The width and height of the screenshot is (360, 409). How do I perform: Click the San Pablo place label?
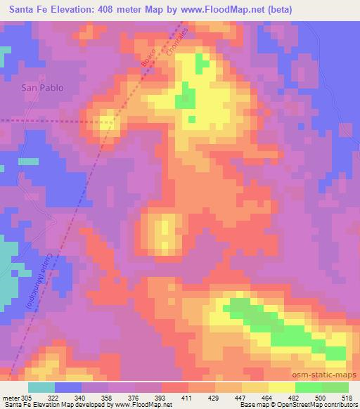[42, 88]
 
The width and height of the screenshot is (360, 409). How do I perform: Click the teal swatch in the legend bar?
[41, 388]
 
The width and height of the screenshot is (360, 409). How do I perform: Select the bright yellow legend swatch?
[282, 388]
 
